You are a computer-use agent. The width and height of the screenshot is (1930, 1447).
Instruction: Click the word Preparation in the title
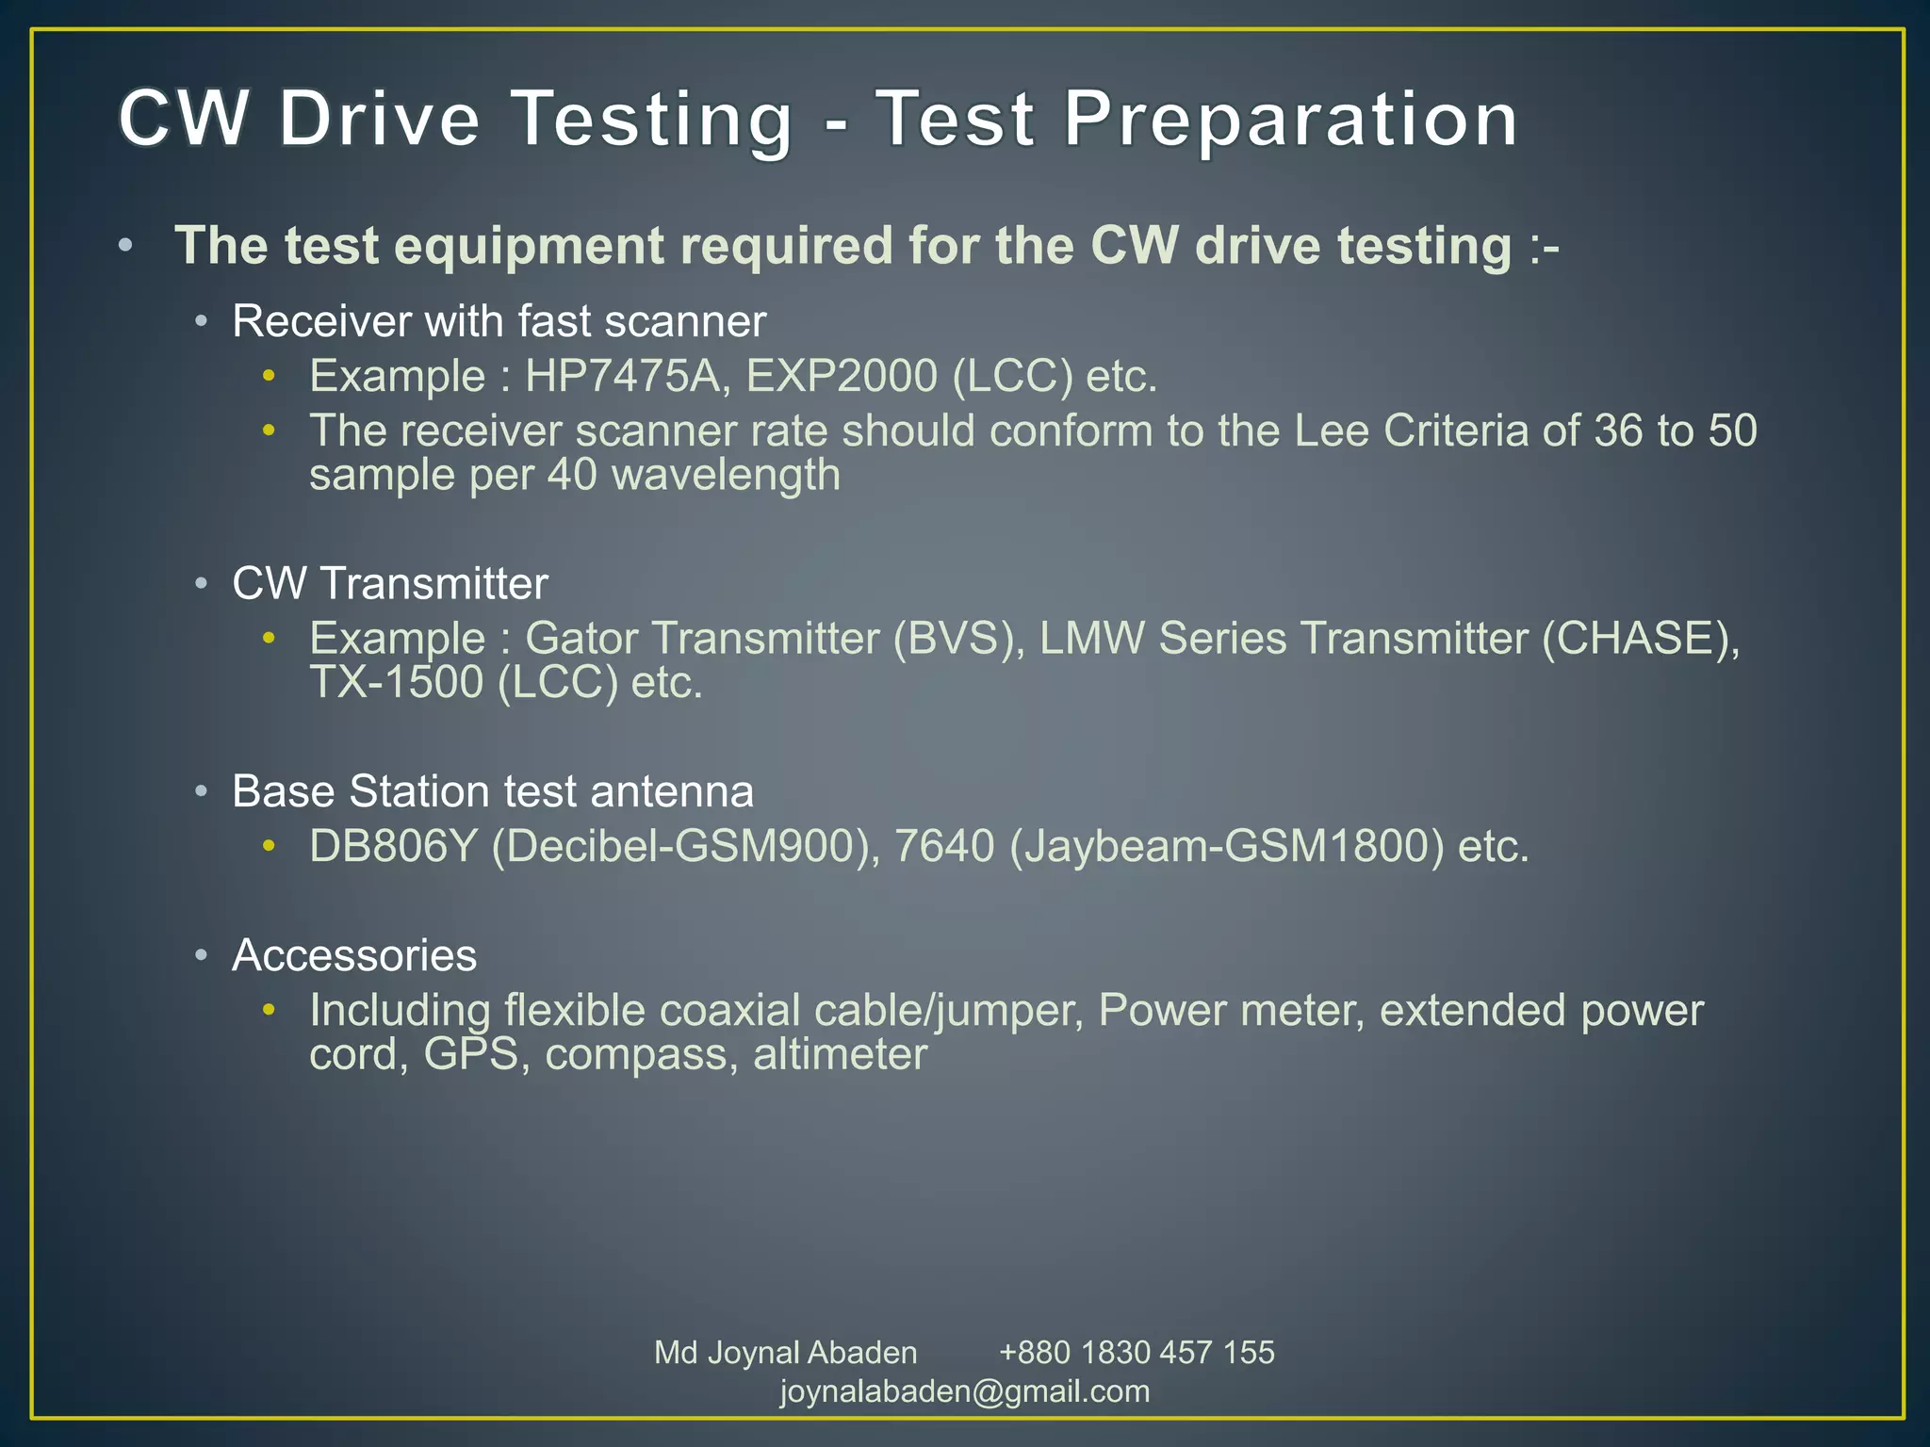point(1290,120)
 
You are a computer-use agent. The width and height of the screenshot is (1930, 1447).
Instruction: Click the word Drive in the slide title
point(379,120)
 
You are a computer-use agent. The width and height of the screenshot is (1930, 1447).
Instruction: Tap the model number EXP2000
point(842,377)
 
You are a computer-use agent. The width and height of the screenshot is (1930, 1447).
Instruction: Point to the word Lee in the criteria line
point(1332,431)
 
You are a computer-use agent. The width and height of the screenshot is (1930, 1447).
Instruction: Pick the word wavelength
point(726,475)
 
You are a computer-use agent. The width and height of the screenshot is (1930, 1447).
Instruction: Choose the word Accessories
point(354,955)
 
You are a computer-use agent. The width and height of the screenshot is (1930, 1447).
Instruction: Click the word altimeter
point(840,1054)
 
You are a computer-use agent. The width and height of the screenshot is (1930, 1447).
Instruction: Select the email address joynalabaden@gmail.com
point(965,1391)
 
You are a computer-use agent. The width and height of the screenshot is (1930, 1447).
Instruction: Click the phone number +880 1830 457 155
point(1137,1353)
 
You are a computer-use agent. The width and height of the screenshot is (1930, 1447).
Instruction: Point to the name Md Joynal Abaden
point(785,1353)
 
